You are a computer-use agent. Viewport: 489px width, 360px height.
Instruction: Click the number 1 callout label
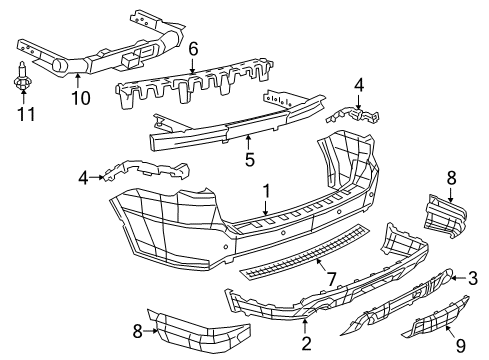tap(266, 189)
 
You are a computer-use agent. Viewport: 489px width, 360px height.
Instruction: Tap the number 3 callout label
tap(474, 279)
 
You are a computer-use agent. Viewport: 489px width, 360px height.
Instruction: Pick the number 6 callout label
tap(194, 48)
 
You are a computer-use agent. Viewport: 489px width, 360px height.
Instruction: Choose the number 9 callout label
tap(447, 347)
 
